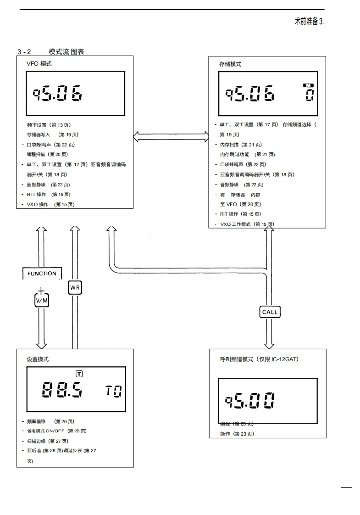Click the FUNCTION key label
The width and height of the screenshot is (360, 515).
pos(42,274)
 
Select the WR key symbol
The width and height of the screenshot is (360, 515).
pos(75,288)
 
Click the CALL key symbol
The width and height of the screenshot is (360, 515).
pos(270,312)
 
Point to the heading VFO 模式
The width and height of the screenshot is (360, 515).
pos(39,64)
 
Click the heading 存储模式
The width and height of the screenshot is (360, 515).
pos(230,64)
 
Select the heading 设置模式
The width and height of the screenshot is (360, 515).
pos(38,359)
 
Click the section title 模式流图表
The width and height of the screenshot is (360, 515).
pos(66,52)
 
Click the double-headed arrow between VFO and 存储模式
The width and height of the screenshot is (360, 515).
pos(171,136)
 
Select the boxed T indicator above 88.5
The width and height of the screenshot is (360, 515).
pos(79,374)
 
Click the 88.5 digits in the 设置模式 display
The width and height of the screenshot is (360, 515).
pos(62,391)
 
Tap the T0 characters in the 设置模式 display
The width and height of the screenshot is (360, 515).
pos(114,392)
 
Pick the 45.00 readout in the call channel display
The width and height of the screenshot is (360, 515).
pos(250,401)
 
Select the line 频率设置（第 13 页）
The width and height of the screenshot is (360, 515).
pos(49,125)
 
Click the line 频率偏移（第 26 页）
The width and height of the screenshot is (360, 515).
pos(50,421)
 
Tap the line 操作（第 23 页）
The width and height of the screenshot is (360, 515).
pos(237,434)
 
